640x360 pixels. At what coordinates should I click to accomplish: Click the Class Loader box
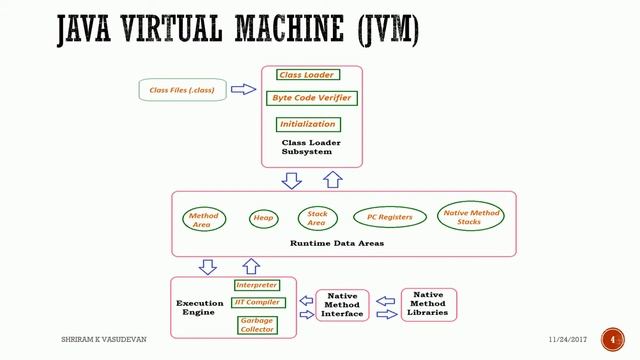(307, 75)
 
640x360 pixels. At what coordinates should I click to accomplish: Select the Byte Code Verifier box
(311, 98)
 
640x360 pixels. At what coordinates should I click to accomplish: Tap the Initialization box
(308, 124)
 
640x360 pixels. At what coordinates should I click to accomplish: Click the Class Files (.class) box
(182, 90)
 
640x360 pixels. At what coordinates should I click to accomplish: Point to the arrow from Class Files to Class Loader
(244, 89)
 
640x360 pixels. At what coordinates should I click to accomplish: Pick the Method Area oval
(204, 219)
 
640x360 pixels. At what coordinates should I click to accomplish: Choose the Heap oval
(263, 218)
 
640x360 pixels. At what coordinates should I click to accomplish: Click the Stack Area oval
(317, 218)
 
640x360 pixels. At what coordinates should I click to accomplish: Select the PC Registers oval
(390, 217)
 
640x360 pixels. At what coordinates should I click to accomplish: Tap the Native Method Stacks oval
(471, 216)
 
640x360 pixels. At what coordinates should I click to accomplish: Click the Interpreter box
(256, 285)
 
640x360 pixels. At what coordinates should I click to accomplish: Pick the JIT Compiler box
(257, 302)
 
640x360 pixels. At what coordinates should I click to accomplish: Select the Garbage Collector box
(256, 324)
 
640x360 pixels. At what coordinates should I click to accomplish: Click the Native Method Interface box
(343, 306)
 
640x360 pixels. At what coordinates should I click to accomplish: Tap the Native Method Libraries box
(428, 304)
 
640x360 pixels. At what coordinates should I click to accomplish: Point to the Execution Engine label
(200, 308)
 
